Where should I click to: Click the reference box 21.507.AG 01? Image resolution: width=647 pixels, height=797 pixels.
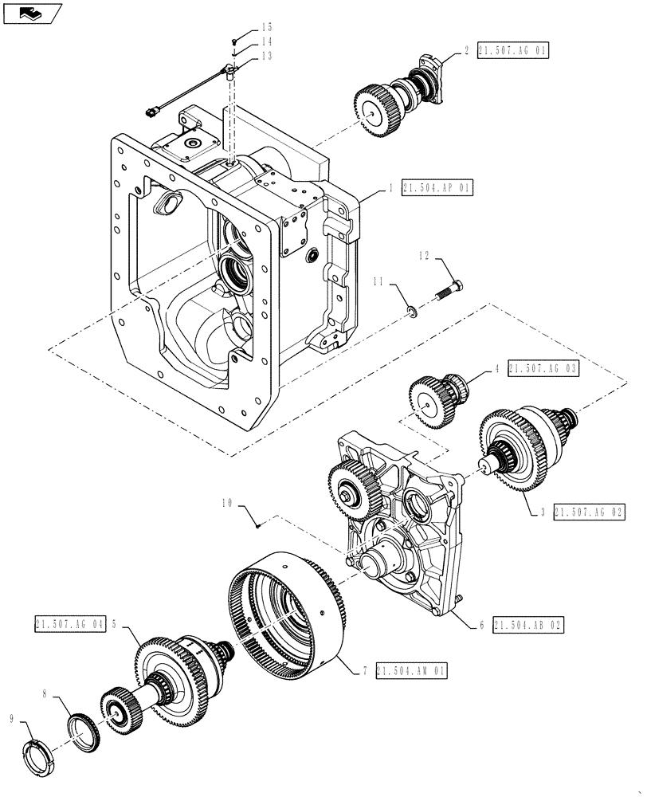pos(512,50)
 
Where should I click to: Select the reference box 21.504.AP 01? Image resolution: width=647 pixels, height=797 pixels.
pos(437,188)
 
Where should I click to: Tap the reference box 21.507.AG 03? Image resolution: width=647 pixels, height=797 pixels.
pos(542,368)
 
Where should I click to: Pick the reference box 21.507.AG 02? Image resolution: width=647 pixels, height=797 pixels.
pos(588,511)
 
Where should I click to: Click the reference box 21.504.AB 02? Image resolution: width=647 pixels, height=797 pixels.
pos(527,626)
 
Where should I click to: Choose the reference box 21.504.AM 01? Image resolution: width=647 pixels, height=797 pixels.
pos(412,672)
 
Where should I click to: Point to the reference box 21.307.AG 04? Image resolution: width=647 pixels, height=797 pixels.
pos(70,625)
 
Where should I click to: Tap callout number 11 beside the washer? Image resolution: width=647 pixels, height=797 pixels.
pos(379,282)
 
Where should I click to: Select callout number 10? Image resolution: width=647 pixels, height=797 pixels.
pos(229,503)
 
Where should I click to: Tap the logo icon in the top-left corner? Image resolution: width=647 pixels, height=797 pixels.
pos(32,12)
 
